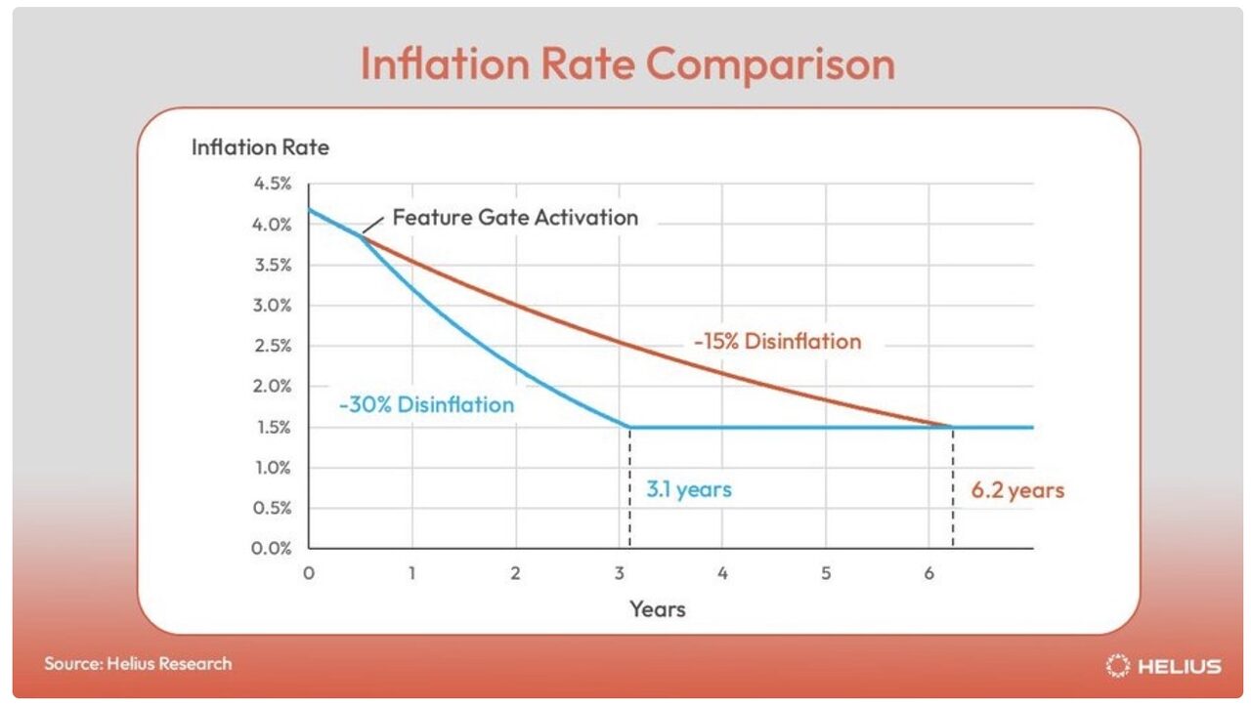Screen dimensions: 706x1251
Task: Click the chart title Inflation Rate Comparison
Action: coord(626,64)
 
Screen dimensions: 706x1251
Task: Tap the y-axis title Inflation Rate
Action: coord(260,147)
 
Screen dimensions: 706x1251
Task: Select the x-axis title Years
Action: coord(657,609)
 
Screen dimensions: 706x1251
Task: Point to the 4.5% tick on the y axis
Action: coord(272,184)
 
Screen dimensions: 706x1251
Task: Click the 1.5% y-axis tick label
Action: coord(272,427)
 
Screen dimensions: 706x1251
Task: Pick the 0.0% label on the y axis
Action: coord(272,548)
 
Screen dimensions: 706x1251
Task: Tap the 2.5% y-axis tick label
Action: coord(272,346)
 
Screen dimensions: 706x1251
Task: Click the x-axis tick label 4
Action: coord(722,573)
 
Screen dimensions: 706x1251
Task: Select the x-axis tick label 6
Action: coord(928,573)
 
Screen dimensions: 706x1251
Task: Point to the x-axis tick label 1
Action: coord(412,573)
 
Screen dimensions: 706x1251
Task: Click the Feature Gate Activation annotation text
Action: coord(515,217)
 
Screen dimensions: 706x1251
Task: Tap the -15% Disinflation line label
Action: coord(777,342)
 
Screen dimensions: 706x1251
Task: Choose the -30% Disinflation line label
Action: coord(426,404)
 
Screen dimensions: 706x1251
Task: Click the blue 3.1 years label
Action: coord(688,489)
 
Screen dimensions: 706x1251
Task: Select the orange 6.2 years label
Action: coord(1016,489)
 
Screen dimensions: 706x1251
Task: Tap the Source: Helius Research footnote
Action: coord(138,663)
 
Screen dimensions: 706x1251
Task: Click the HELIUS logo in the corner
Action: coord(1163,666)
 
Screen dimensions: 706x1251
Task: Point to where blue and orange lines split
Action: coord(361,234)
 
